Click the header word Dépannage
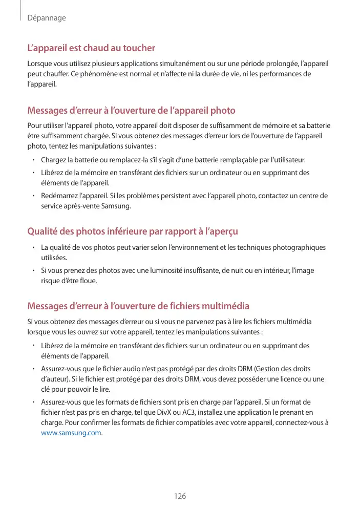coord(47,18)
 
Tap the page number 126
coord(180,497)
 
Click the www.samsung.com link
coord(71,433)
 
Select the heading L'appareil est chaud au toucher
coord(91,48)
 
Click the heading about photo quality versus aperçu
coord(133,232)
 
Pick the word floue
coord(87,281)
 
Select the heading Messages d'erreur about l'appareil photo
coord(131,111)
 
